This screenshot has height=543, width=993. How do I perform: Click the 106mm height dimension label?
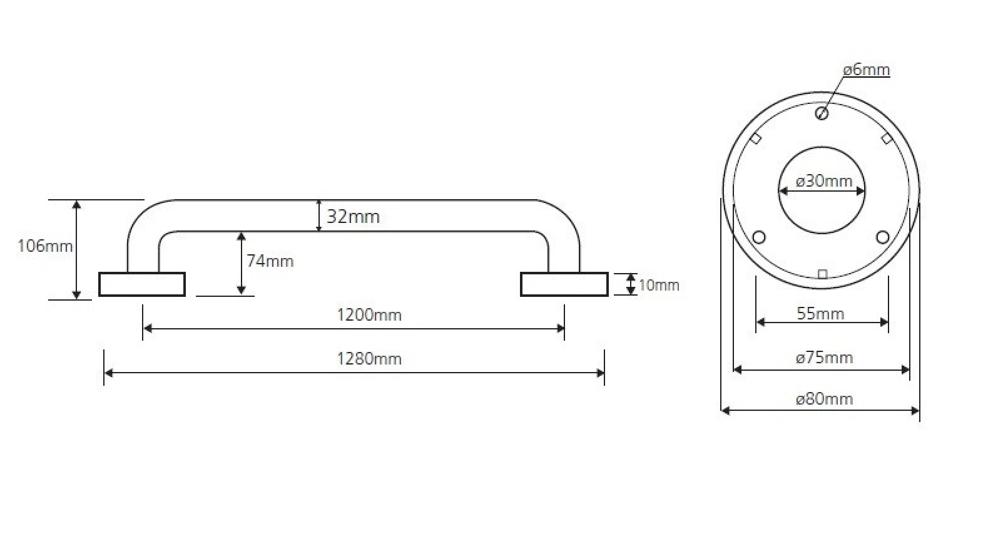click(45, 246)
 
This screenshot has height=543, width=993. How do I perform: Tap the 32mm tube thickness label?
click(354, 217)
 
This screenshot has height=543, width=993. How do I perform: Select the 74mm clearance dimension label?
click(270, 261)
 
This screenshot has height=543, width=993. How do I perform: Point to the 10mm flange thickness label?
click(659, 285)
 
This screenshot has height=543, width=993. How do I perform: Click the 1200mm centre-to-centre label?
click(369, 315)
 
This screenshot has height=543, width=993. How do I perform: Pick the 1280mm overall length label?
click(369, 358)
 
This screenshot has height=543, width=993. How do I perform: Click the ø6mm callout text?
click(867, 70)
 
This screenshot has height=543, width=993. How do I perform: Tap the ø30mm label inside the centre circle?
click(824, 181)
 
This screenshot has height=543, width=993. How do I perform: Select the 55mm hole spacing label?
click(820, 314)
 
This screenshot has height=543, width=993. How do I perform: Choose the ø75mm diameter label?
click(824, 358)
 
